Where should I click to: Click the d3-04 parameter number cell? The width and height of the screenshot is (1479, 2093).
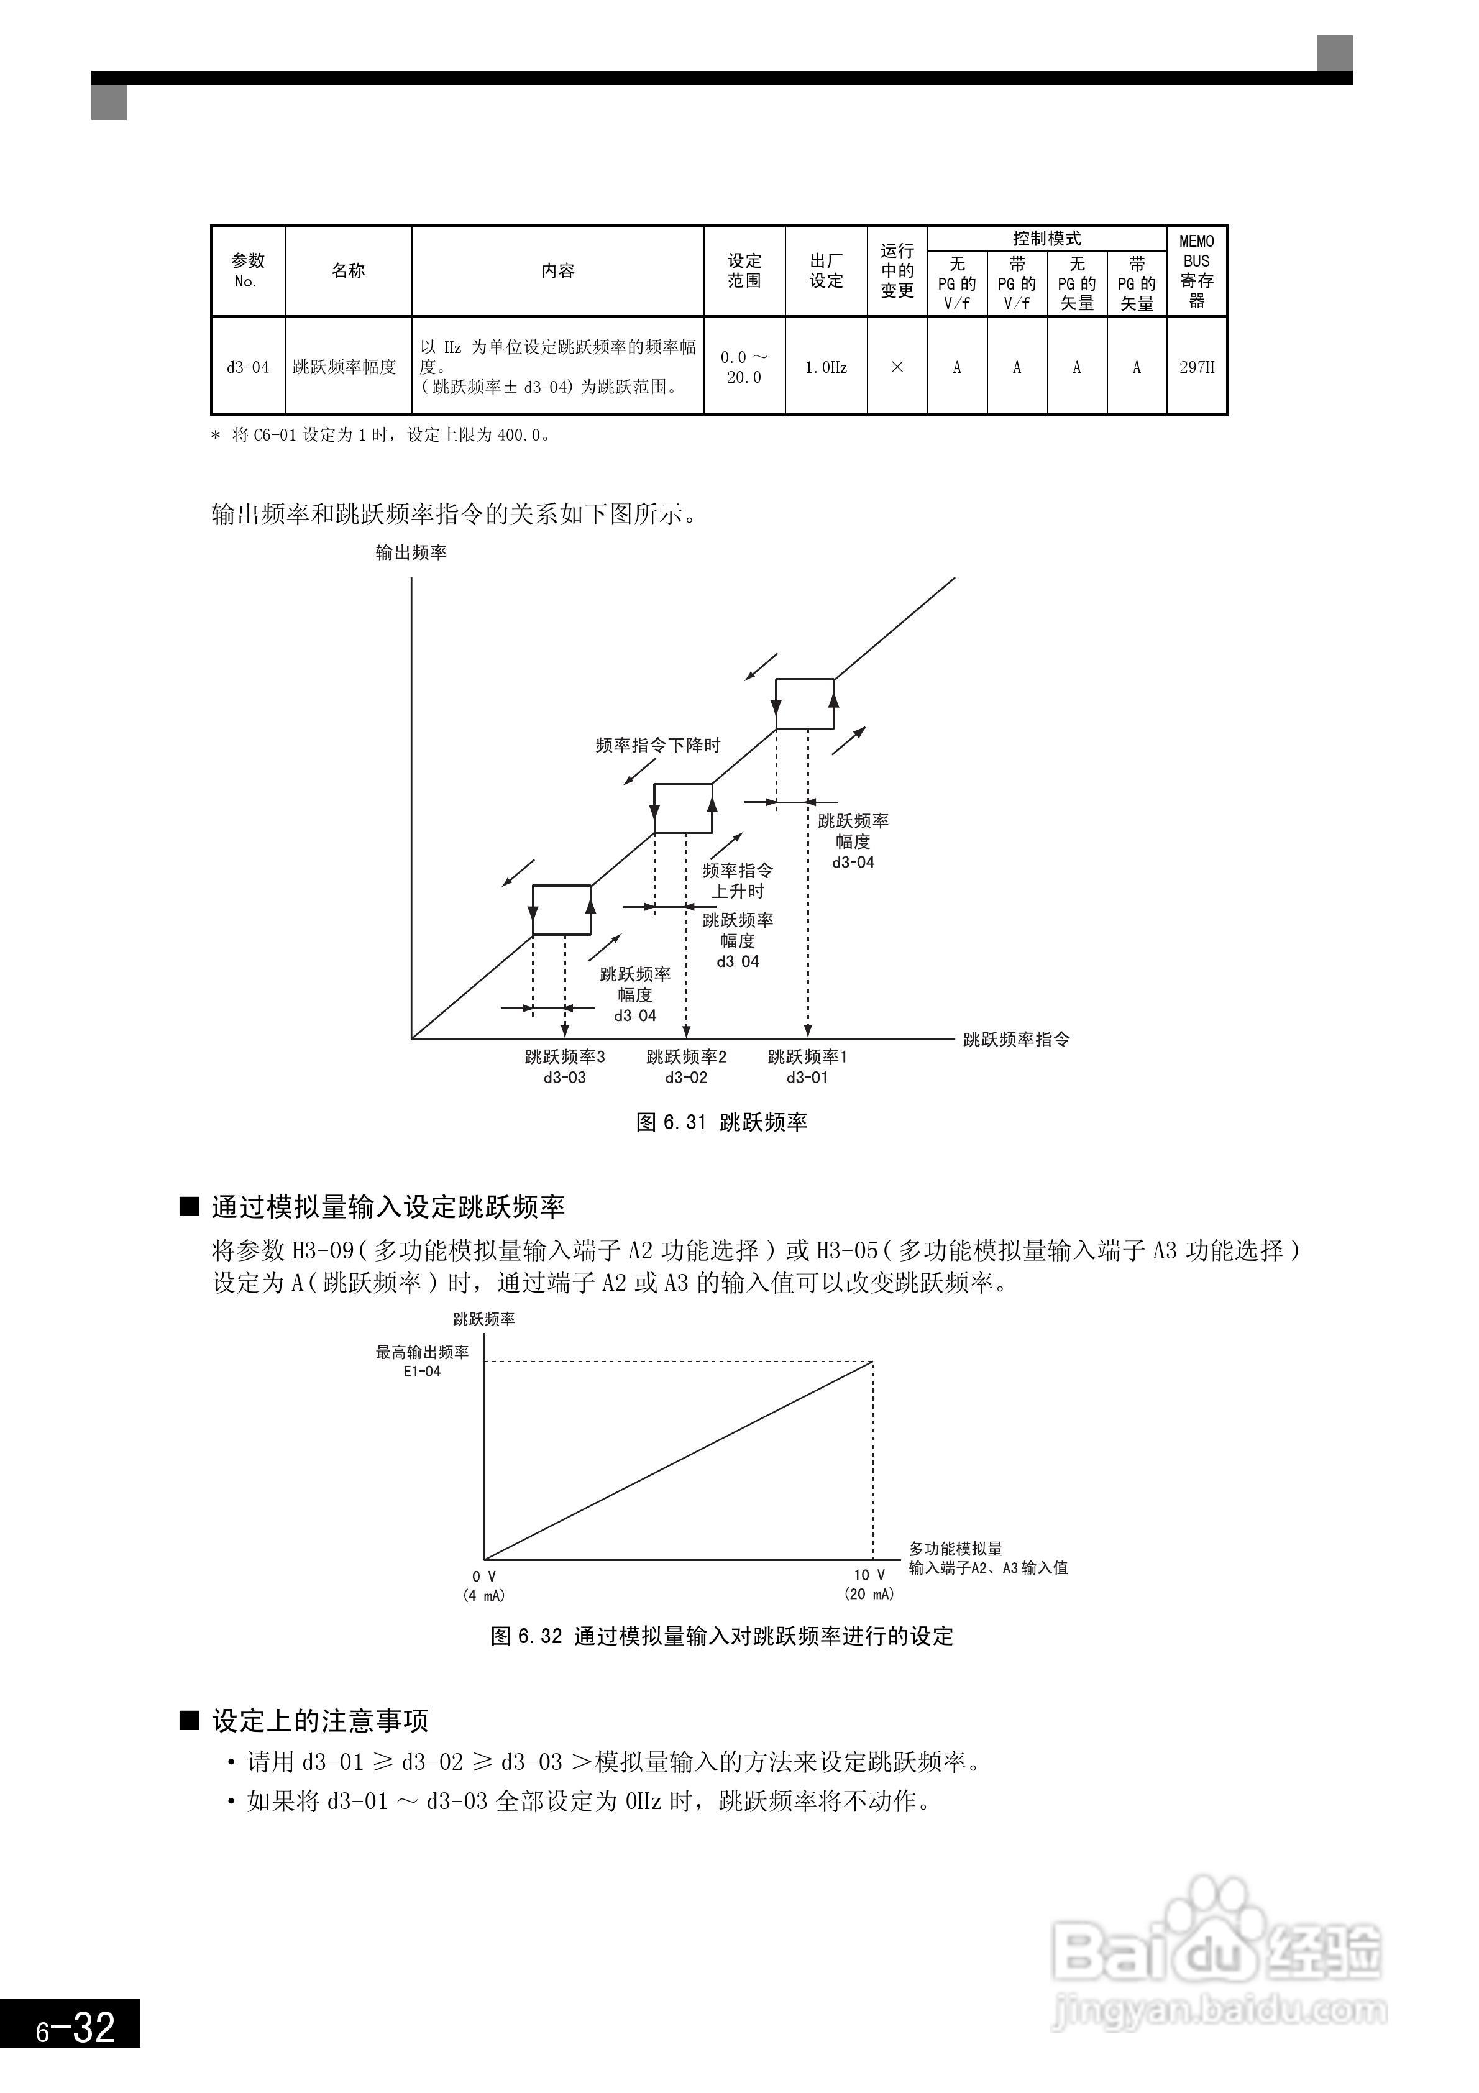[x=248, y=367]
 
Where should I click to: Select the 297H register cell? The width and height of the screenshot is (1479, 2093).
[x=1196, y=367]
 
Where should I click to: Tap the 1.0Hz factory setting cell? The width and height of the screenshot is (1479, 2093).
[x=825, y=367]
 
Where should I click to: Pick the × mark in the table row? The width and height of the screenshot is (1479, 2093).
[x=897, y=367]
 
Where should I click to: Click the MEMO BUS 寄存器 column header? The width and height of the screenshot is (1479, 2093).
[x=1196, y=271]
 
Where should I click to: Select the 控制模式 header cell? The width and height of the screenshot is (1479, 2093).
[x=1046, y=239]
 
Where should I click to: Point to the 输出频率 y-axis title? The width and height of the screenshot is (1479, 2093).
[x=411, y=552]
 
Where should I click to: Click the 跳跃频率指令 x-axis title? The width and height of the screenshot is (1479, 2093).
[x=1017, y=1039]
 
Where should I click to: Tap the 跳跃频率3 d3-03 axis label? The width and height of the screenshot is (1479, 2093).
[x=564, y=1066]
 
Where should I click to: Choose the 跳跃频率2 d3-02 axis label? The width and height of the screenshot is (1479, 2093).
[x=687, y=1066]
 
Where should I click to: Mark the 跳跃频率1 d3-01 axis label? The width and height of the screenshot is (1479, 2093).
[x=808, y=1066]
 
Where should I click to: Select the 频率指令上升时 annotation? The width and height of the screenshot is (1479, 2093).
[x=738, y=881]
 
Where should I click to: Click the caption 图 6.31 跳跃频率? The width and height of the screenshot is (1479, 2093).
[x=721, y=1122]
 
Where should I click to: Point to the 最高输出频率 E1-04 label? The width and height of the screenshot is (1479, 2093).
[x=422, y=1361]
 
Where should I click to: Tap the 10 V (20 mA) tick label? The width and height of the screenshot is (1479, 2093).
[x=869, y=1584]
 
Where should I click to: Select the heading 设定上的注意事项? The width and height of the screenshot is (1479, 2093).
[x=320, y=1721]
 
